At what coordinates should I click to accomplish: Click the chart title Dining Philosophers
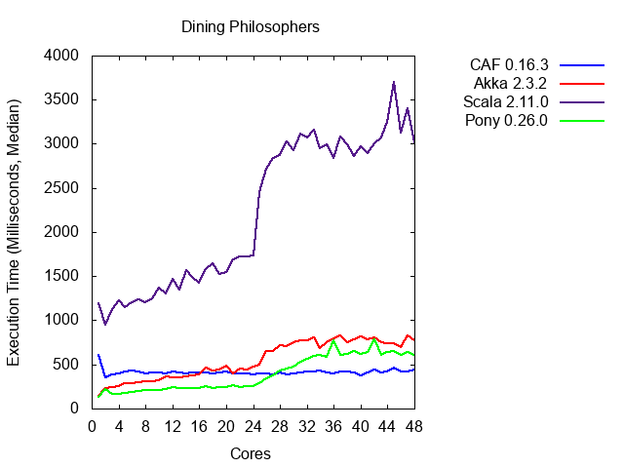[251, 26]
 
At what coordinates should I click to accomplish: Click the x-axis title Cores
[251, 453]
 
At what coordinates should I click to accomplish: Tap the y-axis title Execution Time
[15, 232]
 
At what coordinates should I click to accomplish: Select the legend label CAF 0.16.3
[509, 65]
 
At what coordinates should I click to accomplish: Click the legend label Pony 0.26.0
[508, 121]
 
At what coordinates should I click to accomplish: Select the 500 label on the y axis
[67, 364]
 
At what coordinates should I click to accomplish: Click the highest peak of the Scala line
[394, 82]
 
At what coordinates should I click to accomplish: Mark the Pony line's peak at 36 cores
[333, 340]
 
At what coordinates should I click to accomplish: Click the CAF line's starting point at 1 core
[98, 355]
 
